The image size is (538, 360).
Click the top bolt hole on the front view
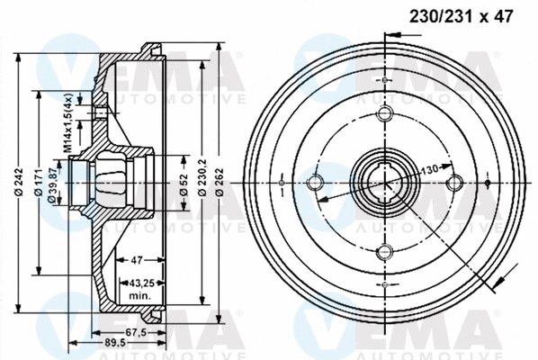(384, 115)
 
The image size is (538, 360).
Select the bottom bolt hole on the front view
(384, 252)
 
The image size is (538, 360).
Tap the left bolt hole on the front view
(316, 184)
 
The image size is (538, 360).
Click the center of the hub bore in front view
(384, 184)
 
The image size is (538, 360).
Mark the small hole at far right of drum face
(487, 184)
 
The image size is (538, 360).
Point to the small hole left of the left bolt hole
(282, 184)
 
